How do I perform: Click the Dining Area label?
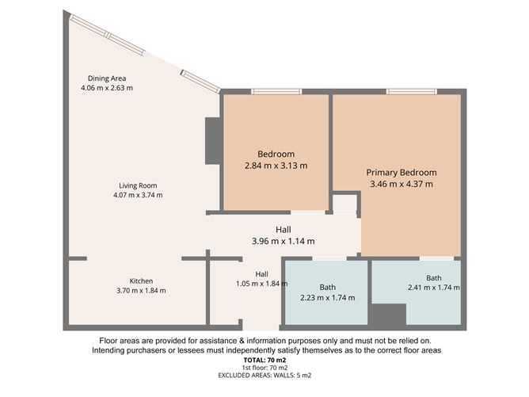(107, 78)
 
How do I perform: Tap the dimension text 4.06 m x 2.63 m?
(107, 88)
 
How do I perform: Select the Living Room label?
(131, 185)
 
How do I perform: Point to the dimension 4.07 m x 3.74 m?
(131, 195)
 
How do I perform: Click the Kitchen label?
(141, 281)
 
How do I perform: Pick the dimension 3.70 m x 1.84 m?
(141, 290)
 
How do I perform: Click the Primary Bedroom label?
(401, 172)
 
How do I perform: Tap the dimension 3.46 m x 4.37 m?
(401, 184)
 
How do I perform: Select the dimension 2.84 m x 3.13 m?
(276, 166)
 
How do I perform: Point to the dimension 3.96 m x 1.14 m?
(283, 241)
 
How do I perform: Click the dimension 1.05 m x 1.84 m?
(261, 284)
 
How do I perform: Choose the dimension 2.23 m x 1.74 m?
(327, 298)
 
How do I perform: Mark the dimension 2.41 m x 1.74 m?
(433, 288)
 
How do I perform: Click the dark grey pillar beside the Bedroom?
(212, 141)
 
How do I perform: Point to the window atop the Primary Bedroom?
(409, 92)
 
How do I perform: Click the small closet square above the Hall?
(344, 203)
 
